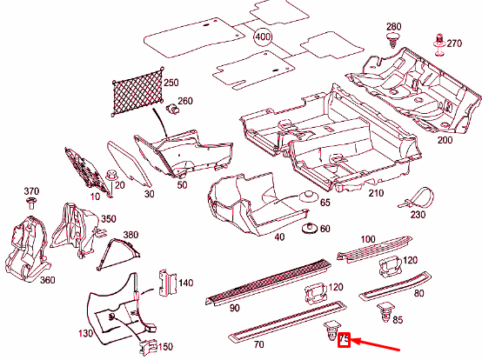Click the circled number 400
[263, 37]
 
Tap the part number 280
[393, 27]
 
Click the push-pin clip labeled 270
[440, 45]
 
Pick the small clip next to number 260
[172, 109]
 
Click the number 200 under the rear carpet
[445, 140]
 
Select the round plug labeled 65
[308, 196]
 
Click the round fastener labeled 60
[310, 229]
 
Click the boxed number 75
[344, 340]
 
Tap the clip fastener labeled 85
[385, 312]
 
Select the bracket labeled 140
[167, 283]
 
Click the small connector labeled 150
[148, 347]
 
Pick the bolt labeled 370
[31, 203]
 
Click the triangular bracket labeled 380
[117, 254]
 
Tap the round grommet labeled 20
[111, 177]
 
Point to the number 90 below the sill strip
[234, 308]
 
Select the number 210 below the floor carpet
[376, 193]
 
